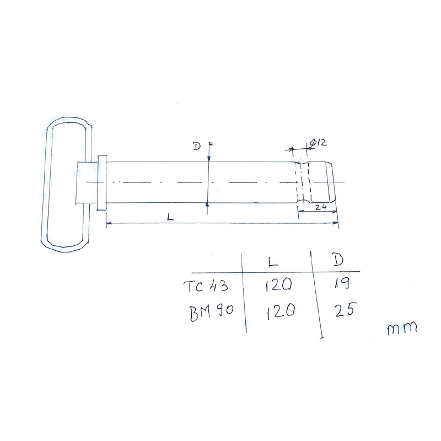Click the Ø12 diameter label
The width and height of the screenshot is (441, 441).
(319, 142)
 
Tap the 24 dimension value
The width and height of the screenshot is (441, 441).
(321, 207)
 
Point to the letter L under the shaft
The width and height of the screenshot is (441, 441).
(170, 218)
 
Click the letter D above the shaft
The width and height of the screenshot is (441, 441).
(196, 146)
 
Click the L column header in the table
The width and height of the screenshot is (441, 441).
(272, 262)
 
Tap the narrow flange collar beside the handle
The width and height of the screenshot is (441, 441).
(101, 182)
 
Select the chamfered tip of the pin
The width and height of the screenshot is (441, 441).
(332, 182)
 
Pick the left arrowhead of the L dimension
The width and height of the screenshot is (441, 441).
(108, 223)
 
